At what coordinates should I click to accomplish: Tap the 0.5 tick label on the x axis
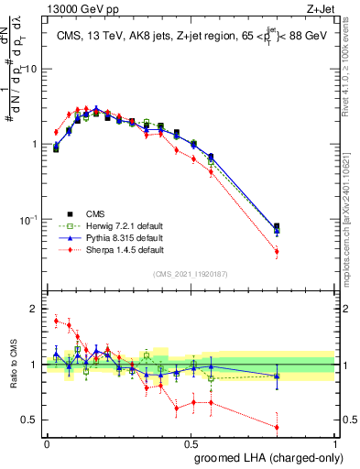[x=191, y=442]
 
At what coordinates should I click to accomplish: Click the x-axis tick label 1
[x=335, y=442]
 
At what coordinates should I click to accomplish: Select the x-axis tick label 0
[x=47, y=442]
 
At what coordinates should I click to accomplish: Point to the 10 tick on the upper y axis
[x=33, y=70]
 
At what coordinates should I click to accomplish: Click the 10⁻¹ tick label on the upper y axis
[x=30, y=220]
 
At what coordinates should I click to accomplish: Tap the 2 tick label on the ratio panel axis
[x=36, y=309]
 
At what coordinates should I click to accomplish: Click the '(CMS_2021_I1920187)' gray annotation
[x=191, y=274]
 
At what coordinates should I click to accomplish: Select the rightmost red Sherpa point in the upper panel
[x=277, y=251]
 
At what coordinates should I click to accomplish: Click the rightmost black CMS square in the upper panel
[x=277, y=226]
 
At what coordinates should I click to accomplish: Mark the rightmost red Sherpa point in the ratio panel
[x=277, y=427]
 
